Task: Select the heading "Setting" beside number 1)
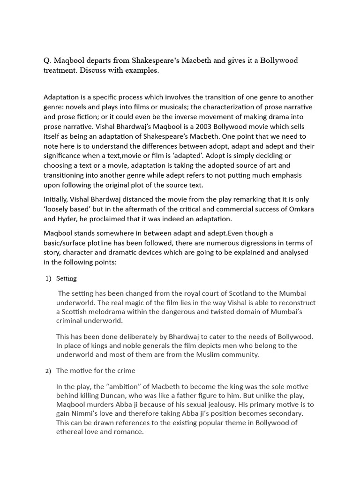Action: pos(66,278)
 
